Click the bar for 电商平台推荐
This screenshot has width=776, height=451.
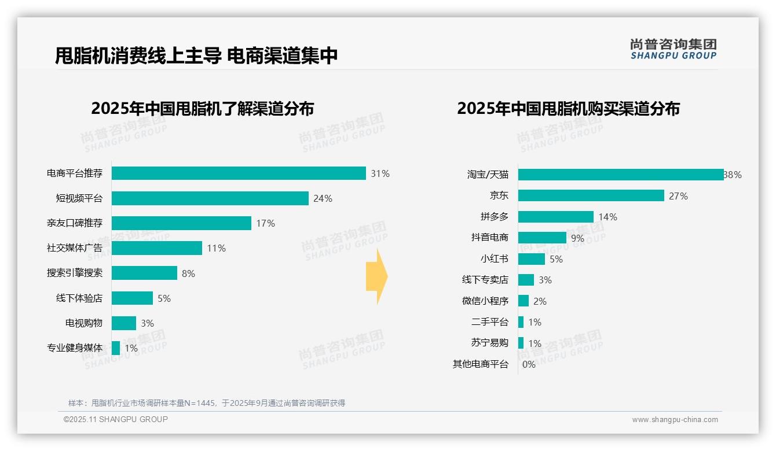pyautogui.click(x=239, y=173)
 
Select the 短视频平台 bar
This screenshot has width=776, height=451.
pyautogui.click(x=210, y=198)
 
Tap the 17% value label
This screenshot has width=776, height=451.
pyautogui.click(x=265, y=223)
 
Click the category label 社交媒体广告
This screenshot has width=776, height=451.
pyautogui.click(x=75, y=248)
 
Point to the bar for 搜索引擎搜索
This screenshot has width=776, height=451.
pyautogui.click(x=144, y=273)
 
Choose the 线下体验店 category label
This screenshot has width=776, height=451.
pyautogui.click(x=79, y=298)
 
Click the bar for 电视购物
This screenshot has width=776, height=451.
pyautogui.click(x=124, y=323)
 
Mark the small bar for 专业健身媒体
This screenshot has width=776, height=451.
pyautogui.click(x=116, y=348)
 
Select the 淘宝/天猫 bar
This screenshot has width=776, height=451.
pyautogui.click(x=620, y=175)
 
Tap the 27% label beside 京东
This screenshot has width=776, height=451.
pyautogui.click(x=678, y=196)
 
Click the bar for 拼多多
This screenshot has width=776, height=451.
pyautogui.click(x=555, y=217)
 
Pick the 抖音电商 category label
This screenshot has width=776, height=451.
pyautogui.click(x=490, y=238)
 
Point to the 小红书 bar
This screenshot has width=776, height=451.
pyautogui.click(x=531, y=259)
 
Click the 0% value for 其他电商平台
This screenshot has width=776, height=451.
pyautogui.click(x=529, y=364)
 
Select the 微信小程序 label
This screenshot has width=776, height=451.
pyautogui.click(x=485, y=301)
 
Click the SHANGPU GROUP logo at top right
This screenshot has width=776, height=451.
pyautogui.click(x=673, y=49)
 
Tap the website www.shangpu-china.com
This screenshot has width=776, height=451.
pyautogui.click(x=675, y=420)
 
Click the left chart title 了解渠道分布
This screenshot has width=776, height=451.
pyautogui.click(x=203, y=109)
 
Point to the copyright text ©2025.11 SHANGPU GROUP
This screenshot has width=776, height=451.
pyautogui.click(x=116, y=419)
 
